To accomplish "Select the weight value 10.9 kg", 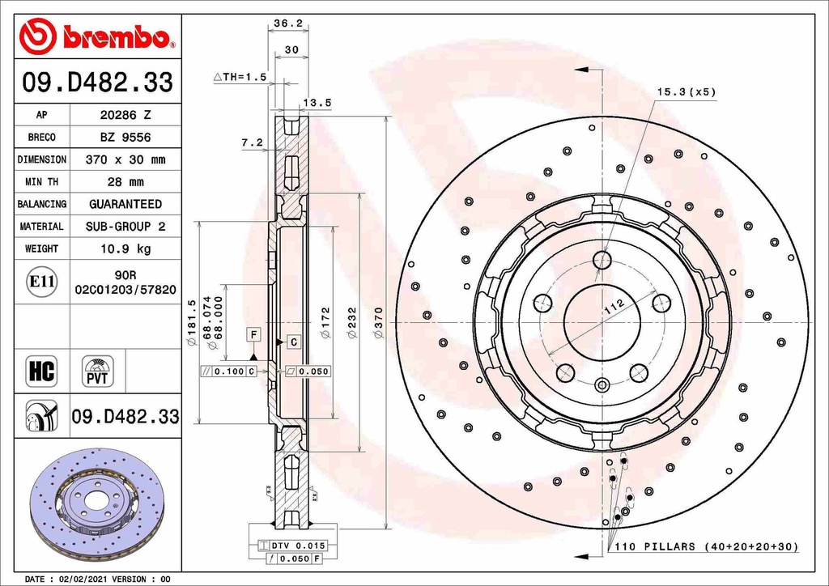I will click(125, 248).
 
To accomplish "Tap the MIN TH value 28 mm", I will click(125, 182).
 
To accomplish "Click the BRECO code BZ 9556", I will click(125, 138).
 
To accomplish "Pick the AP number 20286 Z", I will click(125, 115).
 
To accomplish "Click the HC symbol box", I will click(41, 372).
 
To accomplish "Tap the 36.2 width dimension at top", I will click(287, 24).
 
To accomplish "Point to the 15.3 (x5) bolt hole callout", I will click(686, 92).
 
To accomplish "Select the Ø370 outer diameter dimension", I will click(378, 324).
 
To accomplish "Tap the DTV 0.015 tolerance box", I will click(292, 546).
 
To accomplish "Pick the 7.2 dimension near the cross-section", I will click(252, 142).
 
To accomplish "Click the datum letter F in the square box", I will click(253, 334).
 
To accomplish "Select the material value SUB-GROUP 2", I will click(125, 227).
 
